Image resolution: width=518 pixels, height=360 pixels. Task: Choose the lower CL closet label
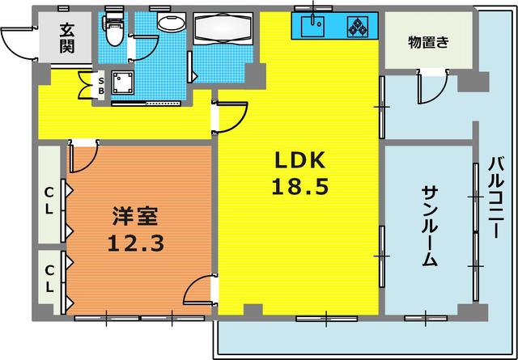point(48,278)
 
